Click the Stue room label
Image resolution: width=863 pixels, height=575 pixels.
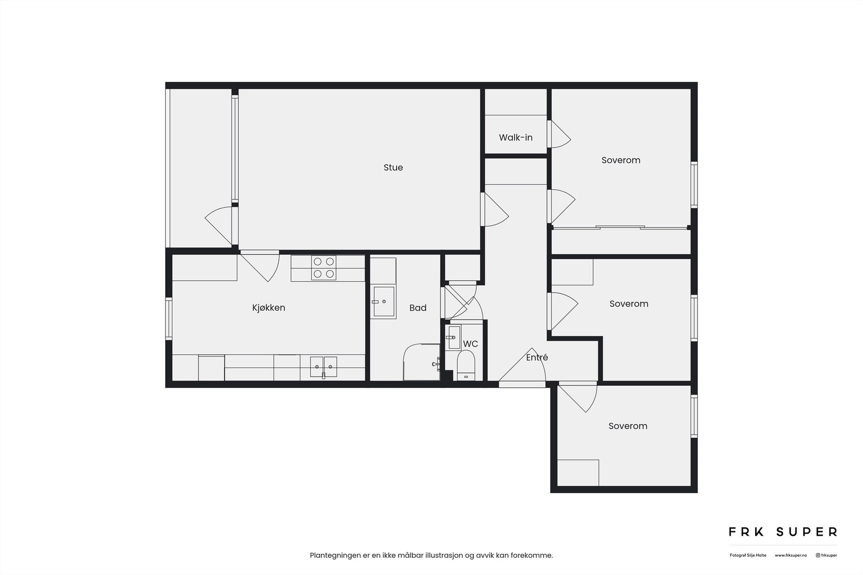pos(393,168)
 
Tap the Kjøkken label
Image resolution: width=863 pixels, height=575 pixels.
pos(269,308)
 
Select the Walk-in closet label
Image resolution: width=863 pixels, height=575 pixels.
pos(516,137)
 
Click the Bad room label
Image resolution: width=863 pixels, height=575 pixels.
pos(417,308)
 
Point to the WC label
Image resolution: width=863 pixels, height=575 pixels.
pos(470,344)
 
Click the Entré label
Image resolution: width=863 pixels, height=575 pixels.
pos(537,357)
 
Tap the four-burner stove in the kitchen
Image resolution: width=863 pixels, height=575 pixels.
pos(324,268)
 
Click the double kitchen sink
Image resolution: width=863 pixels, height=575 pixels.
pos(323,366)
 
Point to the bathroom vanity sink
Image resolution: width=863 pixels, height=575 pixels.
pos(383,302)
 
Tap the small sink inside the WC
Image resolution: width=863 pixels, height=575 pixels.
pos(453,338)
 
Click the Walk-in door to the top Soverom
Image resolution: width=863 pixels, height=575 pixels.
pos(559,134)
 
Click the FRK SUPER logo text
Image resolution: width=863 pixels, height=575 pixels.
pos(783,532)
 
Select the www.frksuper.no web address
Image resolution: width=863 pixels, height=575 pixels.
pos(791,555)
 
